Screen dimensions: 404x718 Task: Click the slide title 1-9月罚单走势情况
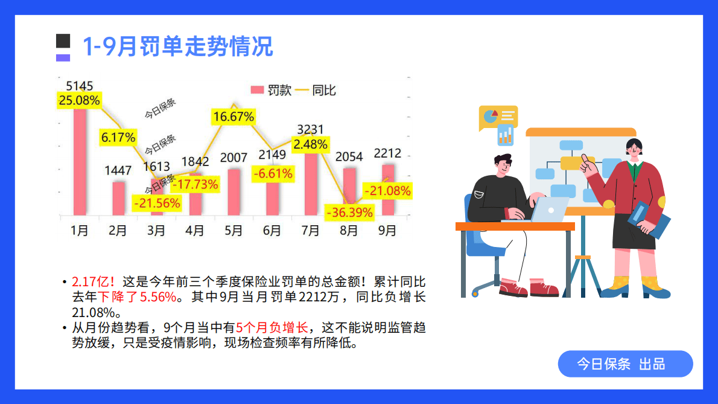[x=177, y=46]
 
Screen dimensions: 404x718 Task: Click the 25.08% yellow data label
[x=79, y=100]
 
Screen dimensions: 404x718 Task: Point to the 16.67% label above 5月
[x=233, y=117]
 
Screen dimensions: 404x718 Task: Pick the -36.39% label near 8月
[x=349, y=213]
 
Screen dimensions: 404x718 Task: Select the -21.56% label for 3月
[x=157, y=204]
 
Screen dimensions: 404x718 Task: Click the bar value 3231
[x=311, y=129]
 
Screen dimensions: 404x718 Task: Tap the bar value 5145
[x=80, y=86]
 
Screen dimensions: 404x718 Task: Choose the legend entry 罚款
[x=272, y=91]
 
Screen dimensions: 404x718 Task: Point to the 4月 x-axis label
[x=195, y=231]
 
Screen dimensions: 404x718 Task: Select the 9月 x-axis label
[x=387, y=231]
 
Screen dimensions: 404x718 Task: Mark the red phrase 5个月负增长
[x=272, y=328]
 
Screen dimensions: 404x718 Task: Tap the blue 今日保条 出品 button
[x=625, y=364]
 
